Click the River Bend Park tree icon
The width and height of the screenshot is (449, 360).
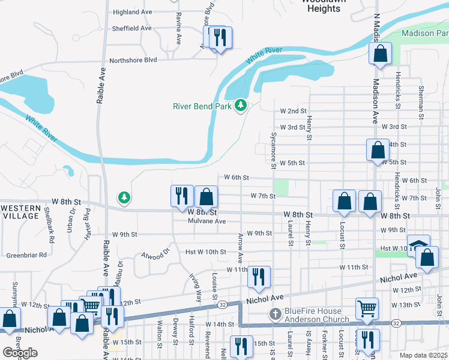click(241, 106)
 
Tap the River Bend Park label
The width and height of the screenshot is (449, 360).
click(202, 106)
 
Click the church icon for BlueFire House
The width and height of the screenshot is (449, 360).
click(274, 314)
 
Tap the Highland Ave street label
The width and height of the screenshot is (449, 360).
click(132, 12)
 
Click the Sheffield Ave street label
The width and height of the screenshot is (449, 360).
click(131, 28)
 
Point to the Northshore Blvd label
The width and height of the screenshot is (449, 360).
click(133, 60)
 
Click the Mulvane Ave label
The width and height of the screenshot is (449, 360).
click(206, 221)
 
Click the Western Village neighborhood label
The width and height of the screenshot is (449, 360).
click(20, 211)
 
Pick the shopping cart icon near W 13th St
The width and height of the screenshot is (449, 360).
click(367, 308)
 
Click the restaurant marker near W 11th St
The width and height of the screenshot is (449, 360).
click(259, 276)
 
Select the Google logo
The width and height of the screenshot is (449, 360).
click(20, 353)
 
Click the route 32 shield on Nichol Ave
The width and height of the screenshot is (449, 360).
click(222, 305)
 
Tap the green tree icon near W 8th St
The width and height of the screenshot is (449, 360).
click(124, 197)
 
